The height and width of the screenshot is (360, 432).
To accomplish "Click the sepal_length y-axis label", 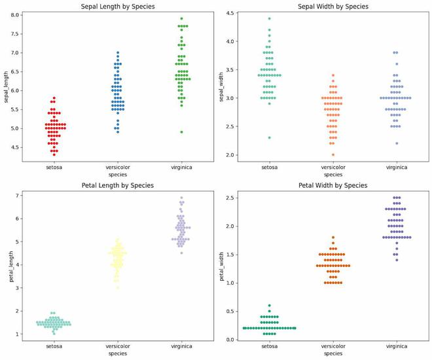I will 7,87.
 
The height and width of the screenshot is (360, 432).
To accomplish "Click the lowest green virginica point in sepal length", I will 181,132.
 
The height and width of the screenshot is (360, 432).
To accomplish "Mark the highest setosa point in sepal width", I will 269,18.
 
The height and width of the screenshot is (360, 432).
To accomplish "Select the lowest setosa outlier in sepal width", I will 269,137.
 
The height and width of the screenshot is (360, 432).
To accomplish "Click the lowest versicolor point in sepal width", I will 333,154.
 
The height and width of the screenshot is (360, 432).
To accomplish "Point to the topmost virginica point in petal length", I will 181,198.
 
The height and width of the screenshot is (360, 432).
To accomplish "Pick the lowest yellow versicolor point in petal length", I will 118,287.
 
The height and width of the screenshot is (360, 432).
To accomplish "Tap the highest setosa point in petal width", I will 269,305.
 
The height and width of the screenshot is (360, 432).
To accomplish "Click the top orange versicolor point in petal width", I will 333,237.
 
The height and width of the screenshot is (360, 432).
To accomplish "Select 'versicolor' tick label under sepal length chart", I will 118,168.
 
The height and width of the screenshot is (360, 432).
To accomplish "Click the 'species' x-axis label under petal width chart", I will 333,353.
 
